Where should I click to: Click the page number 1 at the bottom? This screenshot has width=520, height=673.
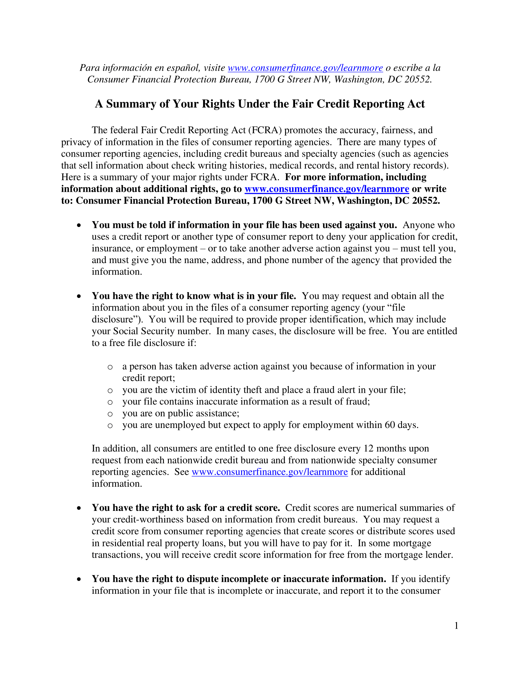click(x=456, y=626)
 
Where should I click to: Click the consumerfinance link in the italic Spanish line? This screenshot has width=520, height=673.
click(x=305, y=68)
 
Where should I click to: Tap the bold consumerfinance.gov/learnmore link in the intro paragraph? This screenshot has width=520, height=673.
click(x=327, y=189)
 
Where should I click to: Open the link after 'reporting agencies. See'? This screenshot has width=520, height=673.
click(x=269, y=472)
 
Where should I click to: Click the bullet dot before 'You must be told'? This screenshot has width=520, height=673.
click(x=79, y=225)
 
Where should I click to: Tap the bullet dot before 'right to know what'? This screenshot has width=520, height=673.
click(x=79, y=296)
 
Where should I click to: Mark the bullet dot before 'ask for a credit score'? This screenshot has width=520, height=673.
click(x=79, y=508)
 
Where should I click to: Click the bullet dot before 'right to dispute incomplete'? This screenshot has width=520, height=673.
click(x=79, y=579)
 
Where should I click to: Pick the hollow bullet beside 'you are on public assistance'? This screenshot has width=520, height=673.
click(x=110, y=414)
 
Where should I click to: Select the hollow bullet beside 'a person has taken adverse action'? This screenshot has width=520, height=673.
click(x=110, y=367)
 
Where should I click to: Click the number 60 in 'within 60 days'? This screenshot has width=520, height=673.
click(x=390, y=425)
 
